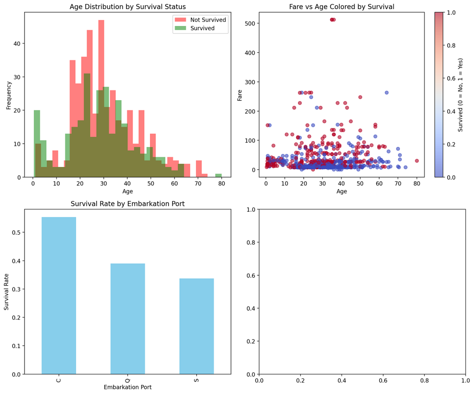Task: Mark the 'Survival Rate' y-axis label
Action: (6, 292)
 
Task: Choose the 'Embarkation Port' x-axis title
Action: (128, 387)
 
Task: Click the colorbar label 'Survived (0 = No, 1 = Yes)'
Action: (461, 95)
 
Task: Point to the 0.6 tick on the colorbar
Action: (443, 78)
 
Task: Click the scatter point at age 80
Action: (417, 161)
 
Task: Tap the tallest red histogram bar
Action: (101, 99)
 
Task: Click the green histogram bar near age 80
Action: (218, 176)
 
